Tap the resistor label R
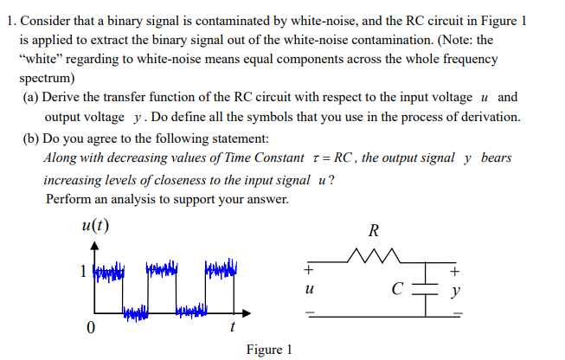[373, 231]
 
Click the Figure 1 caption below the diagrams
[269, 350]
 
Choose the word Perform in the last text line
[70, 198]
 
